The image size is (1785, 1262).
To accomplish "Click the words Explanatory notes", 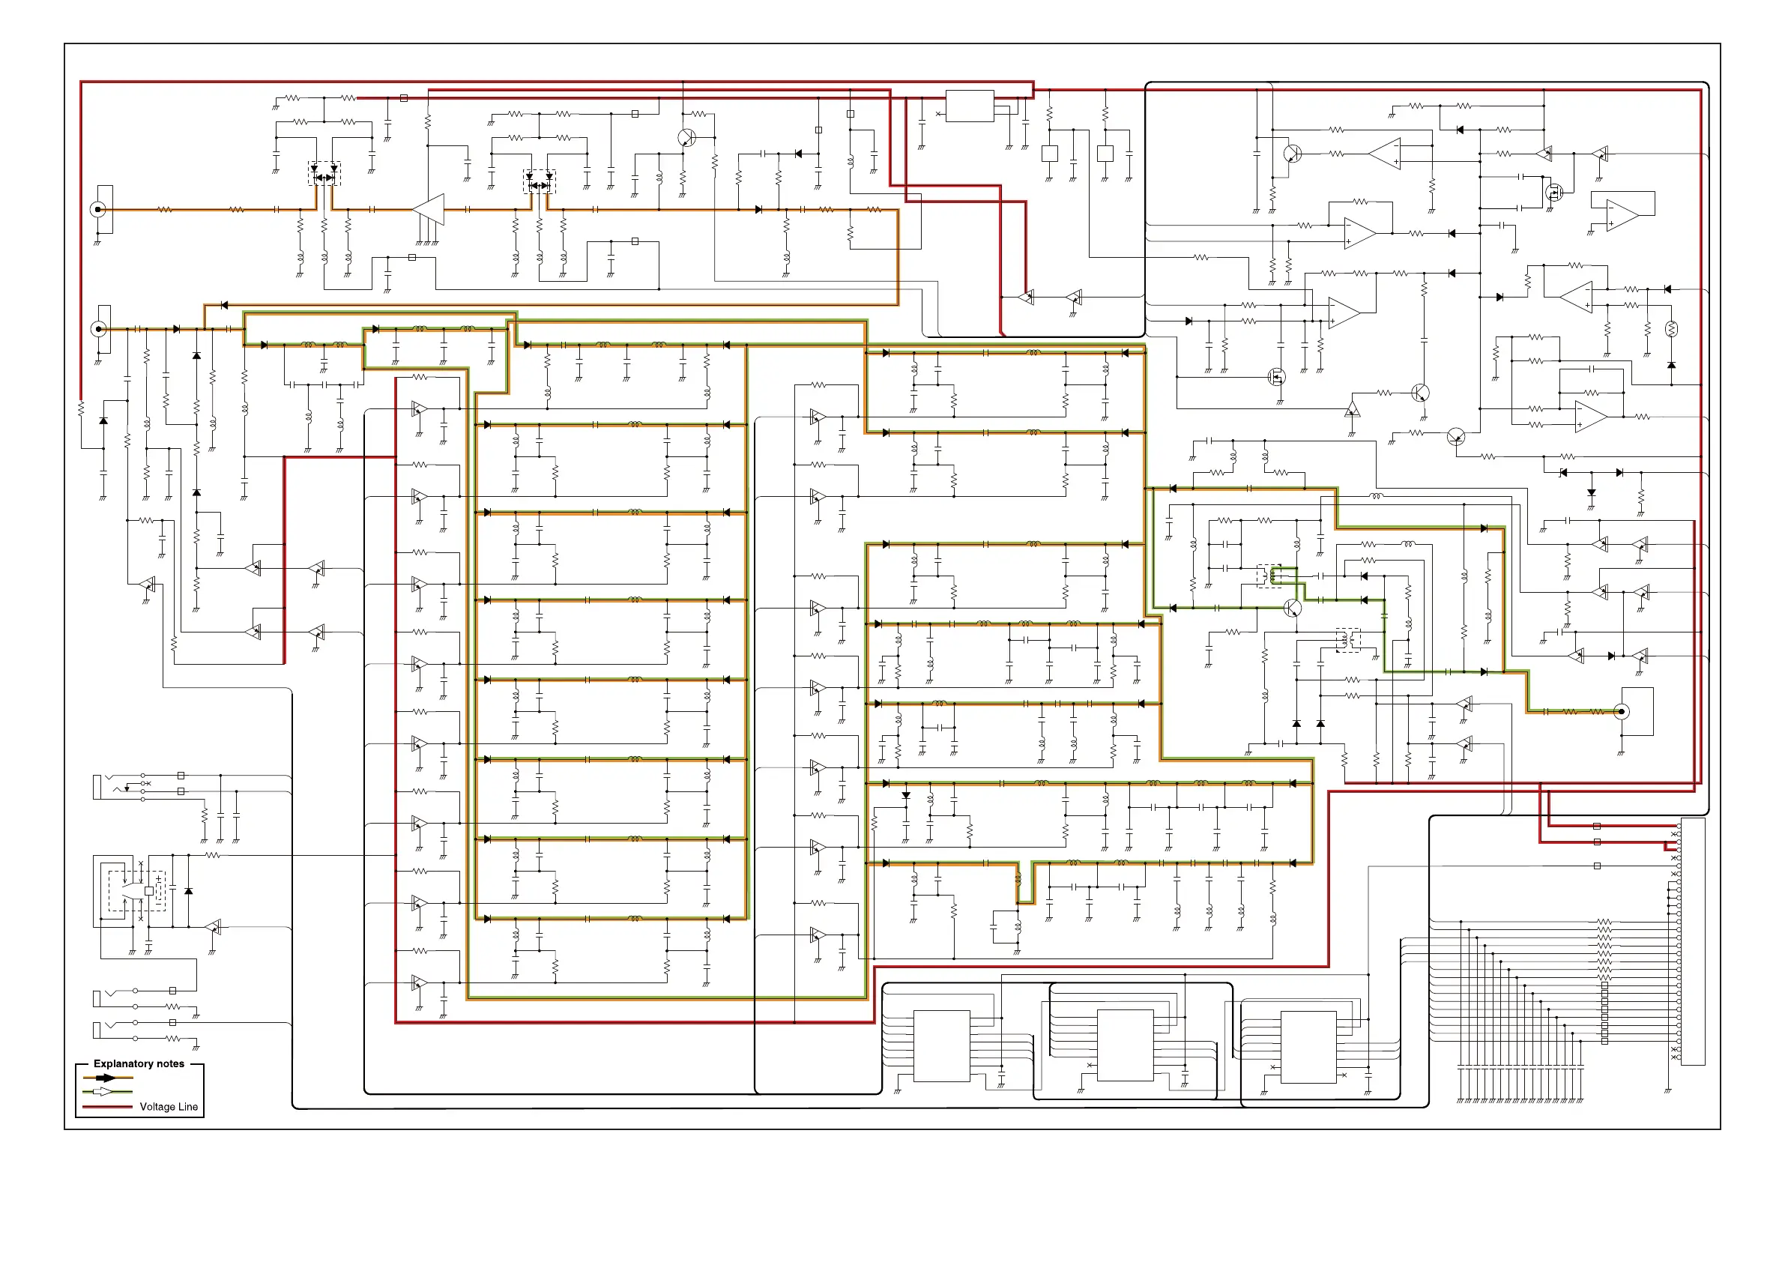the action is (x=139, y=1063).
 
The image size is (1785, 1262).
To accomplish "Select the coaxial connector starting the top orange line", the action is (x=99, y=209).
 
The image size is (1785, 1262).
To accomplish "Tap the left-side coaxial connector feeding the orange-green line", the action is (x=99, y=329).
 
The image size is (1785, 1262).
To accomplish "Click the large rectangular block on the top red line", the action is (x=970, y=106).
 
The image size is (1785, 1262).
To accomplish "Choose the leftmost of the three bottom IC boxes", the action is (x=941, y=1046).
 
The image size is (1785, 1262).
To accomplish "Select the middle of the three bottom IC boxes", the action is (x=1125, y=1046).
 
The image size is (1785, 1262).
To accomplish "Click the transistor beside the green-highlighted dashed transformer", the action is (x=1292, y=608).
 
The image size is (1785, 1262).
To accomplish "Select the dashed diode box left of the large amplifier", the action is (x=324, y=172).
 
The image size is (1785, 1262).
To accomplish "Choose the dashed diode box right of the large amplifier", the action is (x=540, y=181).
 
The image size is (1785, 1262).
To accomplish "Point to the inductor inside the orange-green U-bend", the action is (x=1018, y=881).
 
